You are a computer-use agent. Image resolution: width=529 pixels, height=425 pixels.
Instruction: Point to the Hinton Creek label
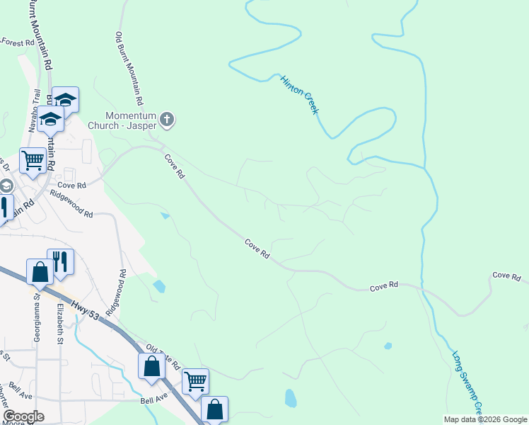tap(300, 95)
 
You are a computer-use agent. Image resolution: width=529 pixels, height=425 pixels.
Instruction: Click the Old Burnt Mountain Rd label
tap(130, 68)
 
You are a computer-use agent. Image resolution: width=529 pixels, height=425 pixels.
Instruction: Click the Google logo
tap(23, 416)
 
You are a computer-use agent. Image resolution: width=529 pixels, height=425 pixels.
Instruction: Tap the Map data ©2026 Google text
tap(485, 419)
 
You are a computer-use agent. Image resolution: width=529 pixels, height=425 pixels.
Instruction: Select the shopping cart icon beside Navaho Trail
tap(33, 160)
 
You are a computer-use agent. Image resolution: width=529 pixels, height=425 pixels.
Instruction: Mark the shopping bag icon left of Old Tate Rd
tap(151, 365)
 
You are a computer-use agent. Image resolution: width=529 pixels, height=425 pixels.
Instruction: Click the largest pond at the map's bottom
tap(290, 397)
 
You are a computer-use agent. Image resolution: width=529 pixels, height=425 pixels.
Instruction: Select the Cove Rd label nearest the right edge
tap(506, 275)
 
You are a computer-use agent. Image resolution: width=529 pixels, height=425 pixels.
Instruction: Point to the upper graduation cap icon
tap(66, 99)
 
